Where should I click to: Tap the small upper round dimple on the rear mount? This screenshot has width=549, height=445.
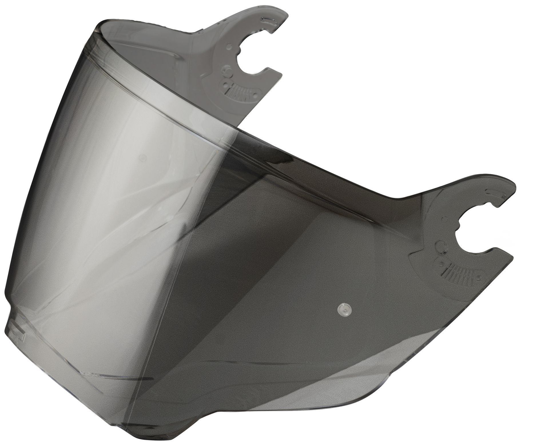point(228,46)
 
